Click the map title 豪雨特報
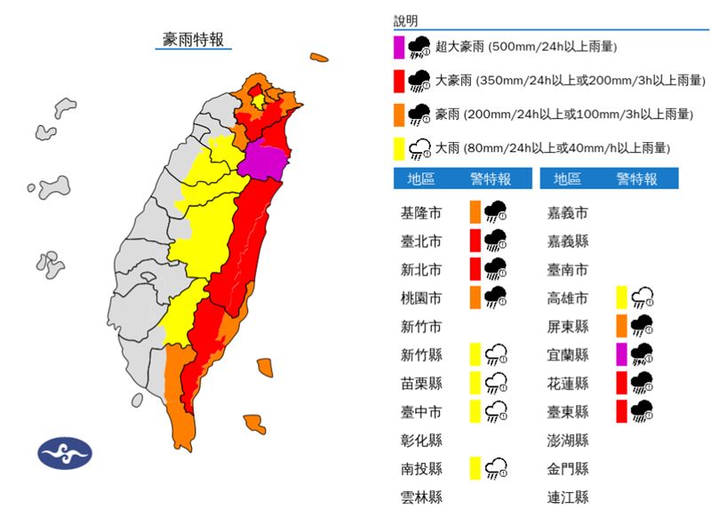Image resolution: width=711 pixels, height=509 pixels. click(x=193, y=39)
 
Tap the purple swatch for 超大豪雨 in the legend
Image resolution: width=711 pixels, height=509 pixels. click(x=399, y=47)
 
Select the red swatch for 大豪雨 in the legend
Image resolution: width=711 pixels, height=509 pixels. click(x=399, y=81)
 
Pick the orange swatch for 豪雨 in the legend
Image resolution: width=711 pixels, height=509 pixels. click(x=399, y=115)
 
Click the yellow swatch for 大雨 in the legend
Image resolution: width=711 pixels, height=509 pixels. click(x=399, y=148)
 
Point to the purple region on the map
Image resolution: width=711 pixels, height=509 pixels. click(x=266, y=161)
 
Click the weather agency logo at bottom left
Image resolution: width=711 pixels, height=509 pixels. click(x=65, y=452)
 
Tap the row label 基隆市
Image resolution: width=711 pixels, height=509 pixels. click(x=421, y=213)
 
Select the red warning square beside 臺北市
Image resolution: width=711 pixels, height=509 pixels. click(x=475, y=240)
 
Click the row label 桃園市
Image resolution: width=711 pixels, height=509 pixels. click(x=421, y=298)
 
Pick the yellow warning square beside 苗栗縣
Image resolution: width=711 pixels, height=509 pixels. click(x=475, y=383)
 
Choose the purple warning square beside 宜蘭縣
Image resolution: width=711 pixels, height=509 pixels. click(x=621, y=355)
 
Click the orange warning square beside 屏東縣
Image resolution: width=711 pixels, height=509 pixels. click(x=621, y=326)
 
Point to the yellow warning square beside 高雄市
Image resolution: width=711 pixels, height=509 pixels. click(x=621, y=298)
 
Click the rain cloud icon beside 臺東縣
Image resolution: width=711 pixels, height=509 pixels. click(x=642, y=411)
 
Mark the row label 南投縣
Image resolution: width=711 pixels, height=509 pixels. click(x=421, y=468)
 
